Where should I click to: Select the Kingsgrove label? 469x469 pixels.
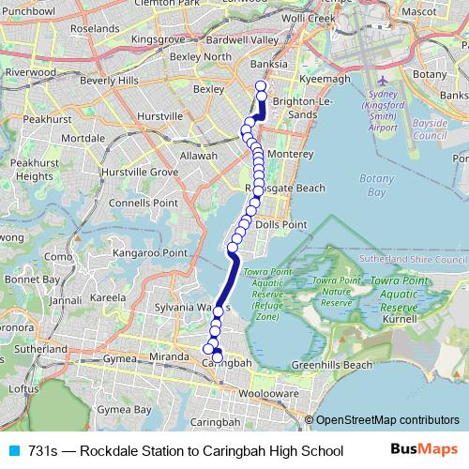(159, 40)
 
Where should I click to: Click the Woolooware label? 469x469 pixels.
(267, 393)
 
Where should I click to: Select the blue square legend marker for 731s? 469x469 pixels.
(12, 451)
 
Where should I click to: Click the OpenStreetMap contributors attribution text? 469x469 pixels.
(387, 420)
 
